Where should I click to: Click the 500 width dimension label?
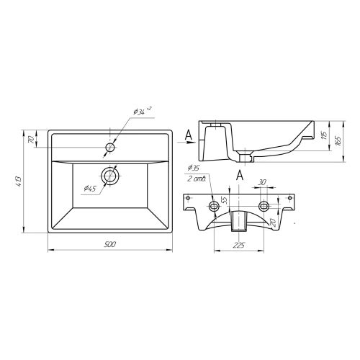110,244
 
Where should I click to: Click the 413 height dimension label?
19,181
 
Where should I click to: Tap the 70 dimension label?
31,139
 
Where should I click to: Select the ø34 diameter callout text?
143,111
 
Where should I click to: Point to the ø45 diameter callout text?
89,189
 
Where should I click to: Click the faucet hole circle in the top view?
110,147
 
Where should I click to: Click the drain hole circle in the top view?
110,176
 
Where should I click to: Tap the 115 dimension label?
324,135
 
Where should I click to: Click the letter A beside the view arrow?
189,135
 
